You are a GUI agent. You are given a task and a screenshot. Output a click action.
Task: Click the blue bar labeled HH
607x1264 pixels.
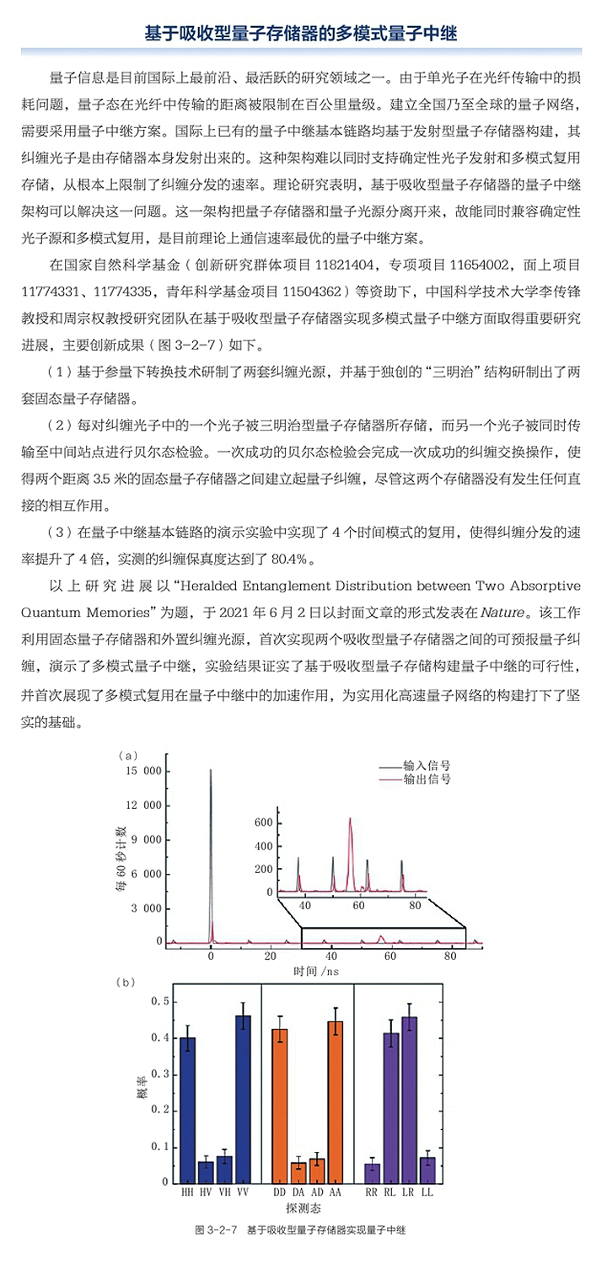click(x=187, y=1109)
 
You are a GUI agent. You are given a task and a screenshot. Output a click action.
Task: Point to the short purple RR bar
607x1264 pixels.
click(x=372, y=1172)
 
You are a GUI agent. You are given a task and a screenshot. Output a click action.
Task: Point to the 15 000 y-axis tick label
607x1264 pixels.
click(x=142, y=770)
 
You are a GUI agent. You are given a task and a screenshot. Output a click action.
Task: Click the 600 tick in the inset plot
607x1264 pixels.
click(x=282, y=821)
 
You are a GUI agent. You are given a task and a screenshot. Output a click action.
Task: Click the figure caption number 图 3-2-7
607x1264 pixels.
click(x=215, y=1230)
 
